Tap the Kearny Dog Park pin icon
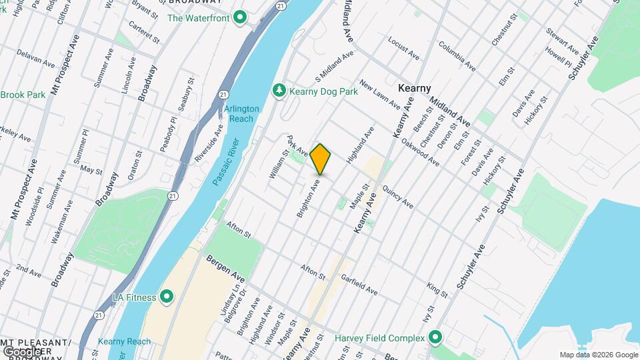(279, 90)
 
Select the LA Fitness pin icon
(167, 296)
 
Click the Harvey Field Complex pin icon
(435, 337)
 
